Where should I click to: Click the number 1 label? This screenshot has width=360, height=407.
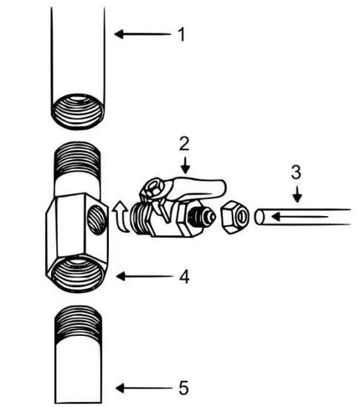tap(181, 34)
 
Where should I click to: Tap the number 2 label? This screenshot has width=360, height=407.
tap(184, 142)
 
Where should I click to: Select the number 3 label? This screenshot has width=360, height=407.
tap(296, 173)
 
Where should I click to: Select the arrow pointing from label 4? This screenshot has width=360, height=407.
tap(141, 277)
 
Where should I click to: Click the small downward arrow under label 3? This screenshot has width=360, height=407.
tap(296, 193)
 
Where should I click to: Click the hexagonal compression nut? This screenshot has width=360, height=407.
tap(236, 217)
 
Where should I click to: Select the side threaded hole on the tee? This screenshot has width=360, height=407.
tap(96, 218)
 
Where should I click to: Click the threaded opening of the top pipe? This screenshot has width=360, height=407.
tap(78, 112)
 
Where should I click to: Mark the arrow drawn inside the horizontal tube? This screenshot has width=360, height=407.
tap(296, 217)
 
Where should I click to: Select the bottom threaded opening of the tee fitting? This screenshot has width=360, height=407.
tap(79, 269)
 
